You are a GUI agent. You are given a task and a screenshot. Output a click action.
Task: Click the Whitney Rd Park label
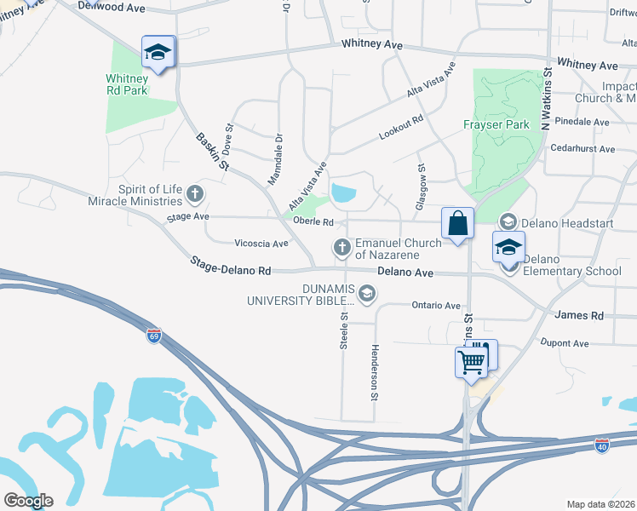point(127,84)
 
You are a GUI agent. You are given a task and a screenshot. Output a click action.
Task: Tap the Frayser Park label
point(496,124)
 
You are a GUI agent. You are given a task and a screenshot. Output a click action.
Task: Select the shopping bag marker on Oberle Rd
point(458,224)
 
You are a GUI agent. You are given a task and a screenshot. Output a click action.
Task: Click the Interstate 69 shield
point(153,335)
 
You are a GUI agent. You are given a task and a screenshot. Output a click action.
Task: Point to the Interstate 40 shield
point(602,445)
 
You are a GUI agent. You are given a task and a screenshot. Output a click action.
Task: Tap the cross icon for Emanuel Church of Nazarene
point(342,248)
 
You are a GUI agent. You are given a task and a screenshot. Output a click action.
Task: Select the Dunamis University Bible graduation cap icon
point(367,295)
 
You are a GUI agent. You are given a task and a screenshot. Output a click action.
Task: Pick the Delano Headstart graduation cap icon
point(508,222)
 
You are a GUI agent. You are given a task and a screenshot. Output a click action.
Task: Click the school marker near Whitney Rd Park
point(158,53)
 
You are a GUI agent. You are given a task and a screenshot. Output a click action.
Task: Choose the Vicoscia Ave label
point(261,244)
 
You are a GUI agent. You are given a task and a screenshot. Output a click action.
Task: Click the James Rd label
point(579,315)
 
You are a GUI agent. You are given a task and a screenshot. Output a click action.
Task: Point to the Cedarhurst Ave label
point(583,149)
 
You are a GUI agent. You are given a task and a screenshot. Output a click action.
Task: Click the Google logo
point(28,501)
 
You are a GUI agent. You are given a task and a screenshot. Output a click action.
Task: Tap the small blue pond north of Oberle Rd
point(344,193)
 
